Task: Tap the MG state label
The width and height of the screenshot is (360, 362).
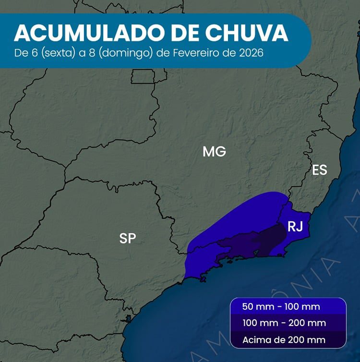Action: (214, 152)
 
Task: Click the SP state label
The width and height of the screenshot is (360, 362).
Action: (127, 238)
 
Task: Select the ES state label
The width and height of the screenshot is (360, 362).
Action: (320, 170)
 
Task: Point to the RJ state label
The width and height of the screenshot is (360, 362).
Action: (295, 227)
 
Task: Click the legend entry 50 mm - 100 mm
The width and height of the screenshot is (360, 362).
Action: (281, 307)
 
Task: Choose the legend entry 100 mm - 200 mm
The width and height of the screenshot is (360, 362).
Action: (284, 323)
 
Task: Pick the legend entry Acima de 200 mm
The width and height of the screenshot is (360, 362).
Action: (284, 340)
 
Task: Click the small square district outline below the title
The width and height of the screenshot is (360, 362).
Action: (143, 76)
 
